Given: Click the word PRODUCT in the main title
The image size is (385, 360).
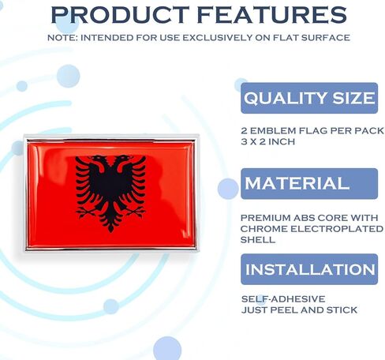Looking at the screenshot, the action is [x=120, y=14].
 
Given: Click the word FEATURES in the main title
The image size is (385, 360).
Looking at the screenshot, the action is [x=272, y=14].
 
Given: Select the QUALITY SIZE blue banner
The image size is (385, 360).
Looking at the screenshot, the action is [x=309, y=98].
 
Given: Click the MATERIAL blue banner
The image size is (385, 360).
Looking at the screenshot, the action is [x=309, y=184].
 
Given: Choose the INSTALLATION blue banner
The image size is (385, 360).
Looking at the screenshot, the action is [x=309, y=269].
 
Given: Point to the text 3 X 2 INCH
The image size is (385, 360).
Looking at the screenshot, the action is [x=268, y=142].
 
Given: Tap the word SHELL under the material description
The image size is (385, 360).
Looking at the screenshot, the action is [x=258, y=240].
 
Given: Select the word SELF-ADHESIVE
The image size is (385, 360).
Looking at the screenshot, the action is [x=283, y=299].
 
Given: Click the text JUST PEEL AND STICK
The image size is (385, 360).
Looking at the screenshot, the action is [x=299, y=310].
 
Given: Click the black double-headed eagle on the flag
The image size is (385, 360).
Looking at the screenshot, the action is [x=110, y=193].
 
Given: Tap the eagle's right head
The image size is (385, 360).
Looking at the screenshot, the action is [x=125, y=159].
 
